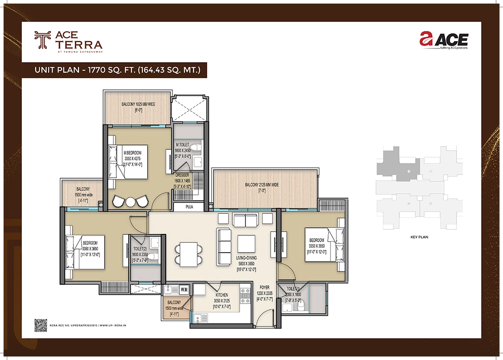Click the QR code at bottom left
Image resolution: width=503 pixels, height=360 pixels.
pyautogui.click(x=41, y=325)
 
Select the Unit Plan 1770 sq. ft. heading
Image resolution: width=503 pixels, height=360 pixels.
pyautogui.click(x=118, y=70)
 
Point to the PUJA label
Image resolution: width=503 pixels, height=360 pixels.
pyautogui.click(x=189, y=207)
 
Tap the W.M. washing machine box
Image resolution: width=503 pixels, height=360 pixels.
pyautogui.click(x=184, y=289)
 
